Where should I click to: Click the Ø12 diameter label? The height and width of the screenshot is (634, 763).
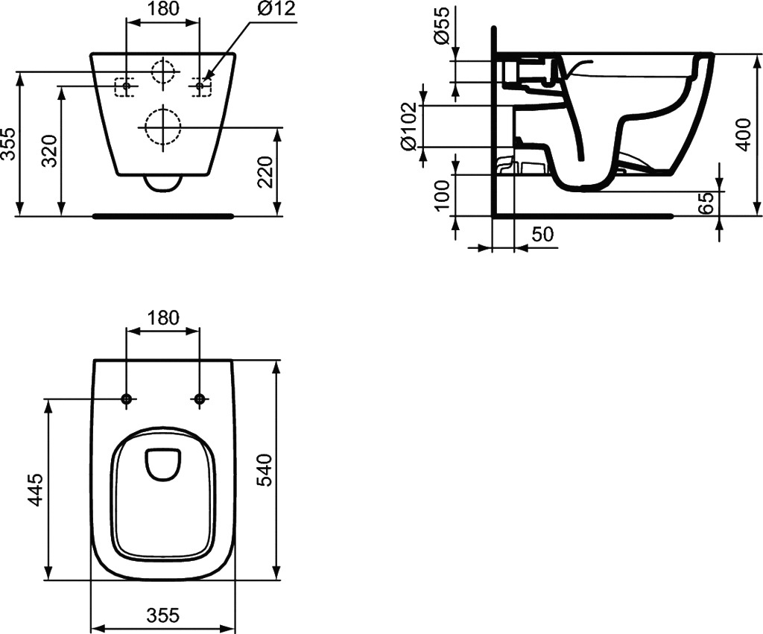276,9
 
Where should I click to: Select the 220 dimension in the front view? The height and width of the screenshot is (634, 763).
266,172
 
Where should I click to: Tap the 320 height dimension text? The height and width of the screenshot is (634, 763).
50,151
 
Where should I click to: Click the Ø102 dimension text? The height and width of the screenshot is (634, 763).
408,126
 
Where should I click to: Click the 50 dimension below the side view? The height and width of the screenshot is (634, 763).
542,234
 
